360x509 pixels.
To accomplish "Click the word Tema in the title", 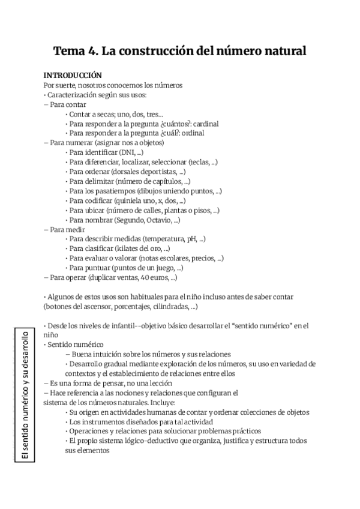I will [x=69, y=51].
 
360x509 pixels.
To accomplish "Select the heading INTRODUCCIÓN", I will [x=73, y=76].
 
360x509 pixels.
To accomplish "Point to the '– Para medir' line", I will [x=64, y=229].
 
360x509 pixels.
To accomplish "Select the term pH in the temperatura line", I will [x=192, y=239].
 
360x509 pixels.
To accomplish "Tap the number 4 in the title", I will [x=91, y=51].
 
